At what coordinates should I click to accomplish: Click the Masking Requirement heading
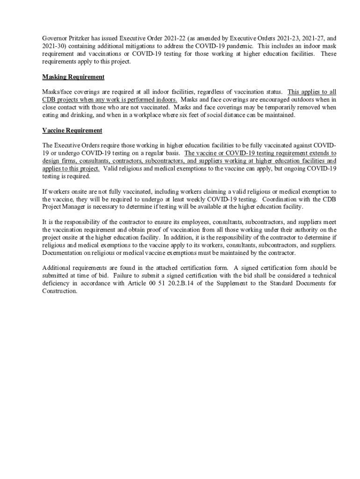73,77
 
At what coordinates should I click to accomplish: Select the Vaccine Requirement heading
72,130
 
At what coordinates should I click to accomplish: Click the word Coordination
281,199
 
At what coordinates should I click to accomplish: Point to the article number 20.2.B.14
190,283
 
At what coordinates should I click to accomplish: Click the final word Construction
59,290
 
